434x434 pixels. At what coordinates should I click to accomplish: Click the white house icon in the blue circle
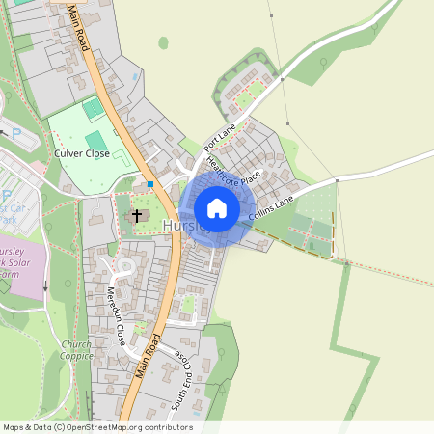tap(217, 207)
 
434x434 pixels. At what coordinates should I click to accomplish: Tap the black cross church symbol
tap(137, 215)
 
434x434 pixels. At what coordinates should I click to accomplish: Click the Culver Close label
tap(83, 152)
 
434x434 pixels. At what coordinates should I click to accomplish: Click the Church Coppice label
tap(76, 350)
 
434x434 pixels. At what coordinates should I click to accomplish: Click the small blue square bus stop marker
tap(150, 183)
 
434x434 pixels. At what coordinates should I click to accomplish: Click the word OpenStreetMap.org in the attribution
tap(100, 427)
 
